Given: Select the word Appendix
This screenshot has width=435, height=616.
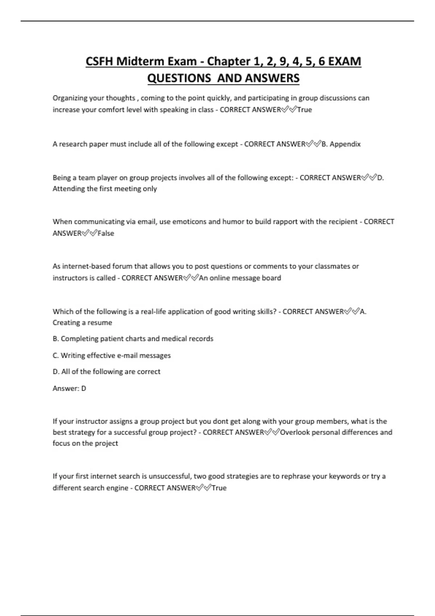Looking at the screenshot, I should (345, 144).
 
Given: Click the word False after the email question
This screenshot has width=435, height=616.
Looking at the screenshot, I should (106, 233).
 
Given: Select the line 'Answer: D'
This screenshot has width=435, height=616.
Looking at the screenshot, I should (69, 388).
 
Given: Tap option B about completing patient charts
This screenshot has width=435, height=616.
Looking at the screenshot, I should (133, 339).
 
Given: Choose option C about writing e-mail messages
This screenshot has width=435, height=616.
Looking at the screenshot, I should (112, 355).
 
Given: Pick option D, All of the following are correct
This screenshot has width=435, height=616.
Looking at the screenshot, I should (107, 372).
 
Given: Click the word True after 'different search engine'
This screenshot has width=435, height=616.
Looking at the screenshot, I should (219, 488).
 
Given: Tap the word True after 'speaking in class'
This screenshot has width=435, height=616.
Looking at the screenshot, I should (304, 110).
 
